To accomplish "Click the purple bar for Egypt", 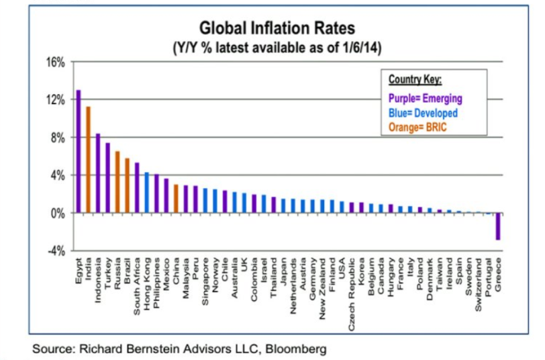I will pyautogui.click(x=79, y=151).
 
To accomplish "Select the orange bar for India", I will pyautogui.click(x=88, y=159).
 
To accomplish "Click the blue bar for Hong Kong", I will pyautogui.click(x=146, y=192).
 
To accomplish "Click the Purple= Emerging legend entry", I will pyautogui.click(x=425, y=98).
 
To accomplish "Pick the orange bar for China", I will pyautogui.click(x=176, y=199).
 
